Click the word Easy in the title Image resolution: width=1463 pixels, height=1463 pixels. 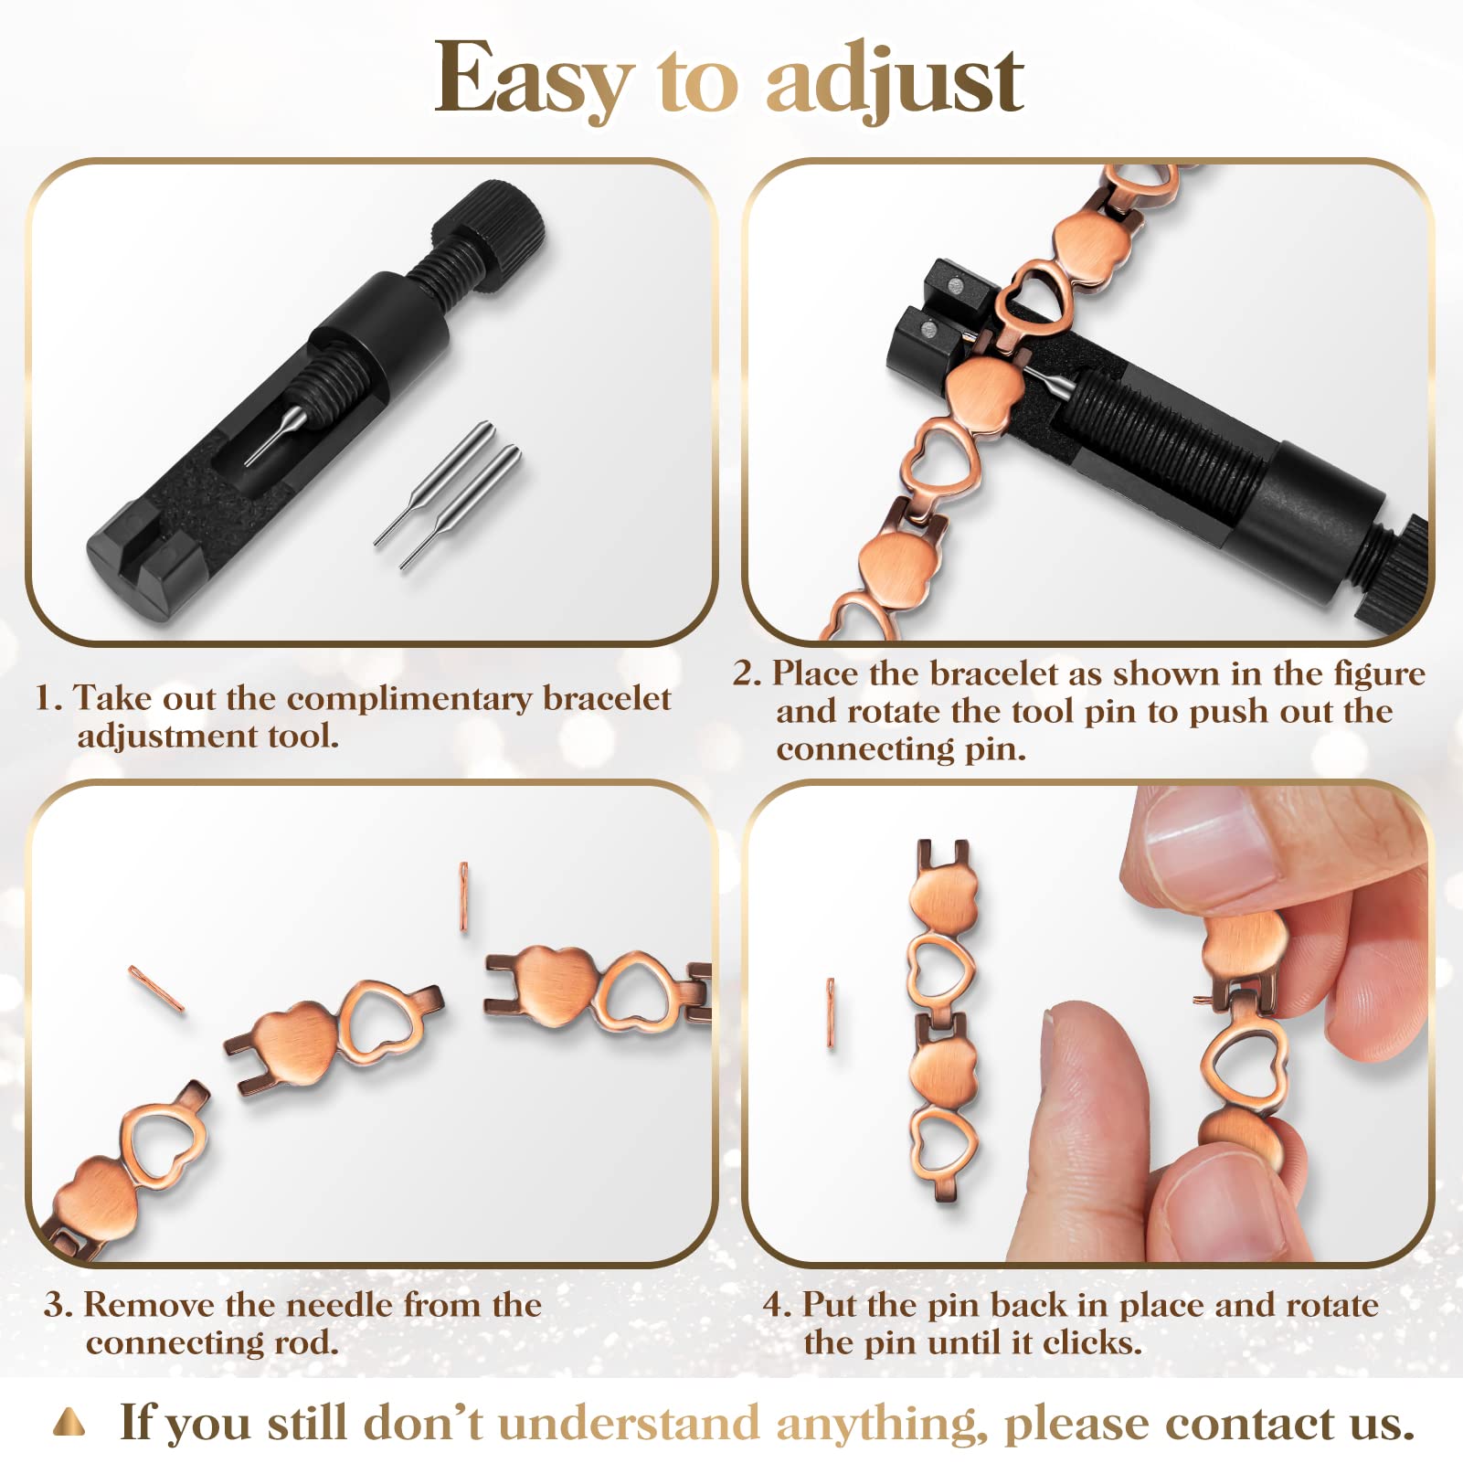tap(535, 80)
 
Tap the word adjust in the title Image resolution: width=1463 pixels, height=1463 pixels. tap(895, 80)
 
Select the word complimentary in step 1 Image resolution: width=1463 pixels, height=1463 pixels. tap(408, 699)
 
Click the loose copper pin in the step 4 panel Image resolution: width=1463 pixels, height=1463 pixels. tap(831, 1012)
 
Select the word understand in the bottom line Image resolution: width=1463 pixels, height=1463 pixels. tap(631, 1424)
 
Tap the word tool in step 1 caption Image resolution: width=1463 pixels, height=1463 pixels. tap(303, 736)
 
